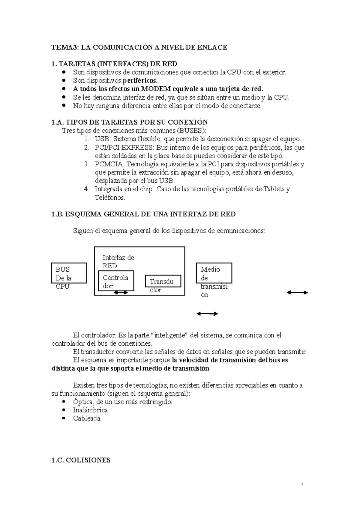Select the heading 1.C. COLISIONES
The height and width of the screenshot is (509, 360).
pyautogui.click(x=81, y=460)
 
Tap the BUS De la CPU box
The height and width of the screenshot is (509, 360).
pyautogui.click(x=69, y=273)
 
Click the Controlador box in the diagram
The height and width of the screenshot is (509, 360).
pyautogui.click(x=116, y=281)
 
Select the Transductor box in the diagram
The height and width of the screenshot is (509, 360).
pyautogui.click(x=163, y=281)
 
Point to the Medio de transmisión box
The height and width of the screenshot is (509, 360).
pyautogui.click(x=214, y=273)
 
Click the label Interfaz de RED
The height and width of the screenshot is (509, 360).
pyautogui.click(x=118, y=261)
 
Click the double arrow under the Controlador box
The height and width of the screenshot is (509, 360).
pyautogui.click(x=121, y=293)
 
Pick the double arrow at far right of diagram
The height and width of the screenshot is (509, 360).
pyautogui.click(x=297, y=293)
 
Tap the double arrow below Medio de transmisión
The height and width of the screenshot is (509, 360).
pyautogui.click(x=207, y=314)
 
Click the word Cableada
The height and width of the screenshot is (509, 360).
pyautogui.click(x=87, y=418)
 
